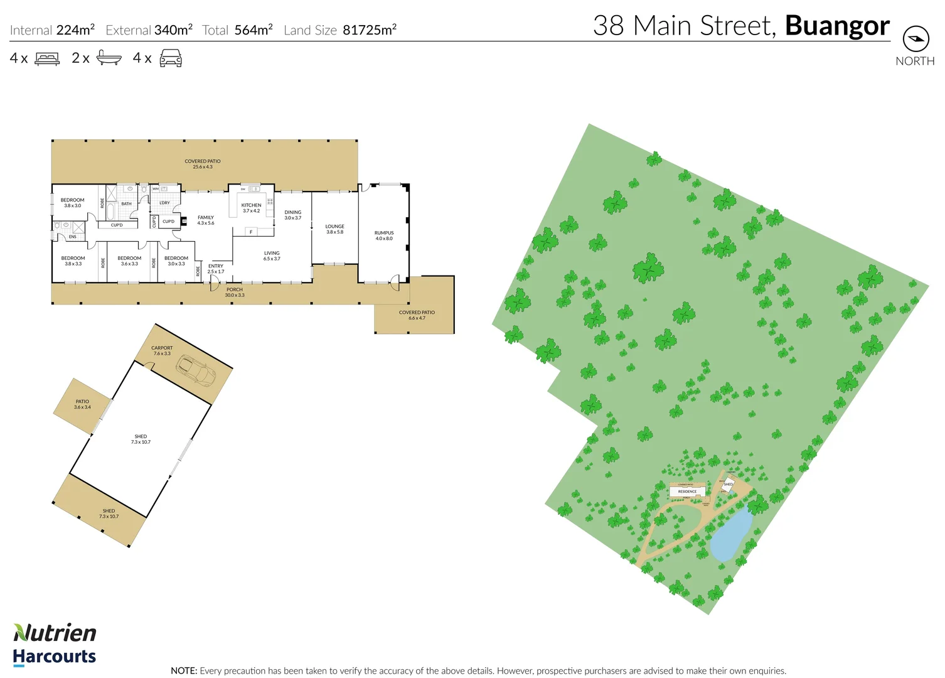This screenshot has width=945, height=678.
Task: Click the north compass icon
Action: tap(916, 39)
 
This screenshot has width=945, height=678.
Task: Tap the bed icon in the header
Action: tap(47, 58)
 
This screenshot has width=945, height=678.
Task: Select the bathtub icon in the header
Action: tap(109, 58)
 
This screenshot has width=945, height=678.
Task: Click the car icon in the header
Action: tap(171, 58)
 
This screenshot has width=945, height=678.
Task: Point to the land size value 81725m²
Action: tap(370, 30)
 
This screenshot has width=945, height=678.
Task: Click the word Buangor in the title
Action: tap(837, 26)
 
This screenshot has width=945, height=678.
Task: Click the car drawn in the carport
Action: tap(196, 370)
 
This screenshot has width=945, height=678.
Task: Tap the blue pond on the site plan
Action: tap(732, 535)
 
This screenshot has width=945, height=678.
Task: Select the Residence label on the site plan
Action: tap(687, 492)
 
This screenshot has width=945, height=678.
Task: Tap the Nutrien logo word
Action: tap(55, 633)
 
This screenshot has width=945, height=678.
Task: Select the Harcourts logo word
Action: tap(55, 657)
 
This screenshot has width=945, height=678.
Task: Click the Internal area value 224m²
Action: tap(75, 30)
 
